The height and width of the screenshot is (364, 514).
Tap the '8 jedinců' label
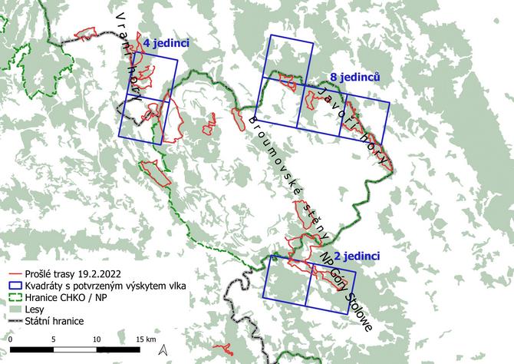tap(355, 77)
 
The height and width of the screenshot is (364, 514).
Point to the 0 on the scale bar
tap(11, 339)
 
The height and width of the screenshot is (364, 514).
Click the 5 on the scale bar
tap(54, 339)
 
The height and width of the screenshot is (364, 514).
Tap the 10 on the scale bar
tap(97, 339)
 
